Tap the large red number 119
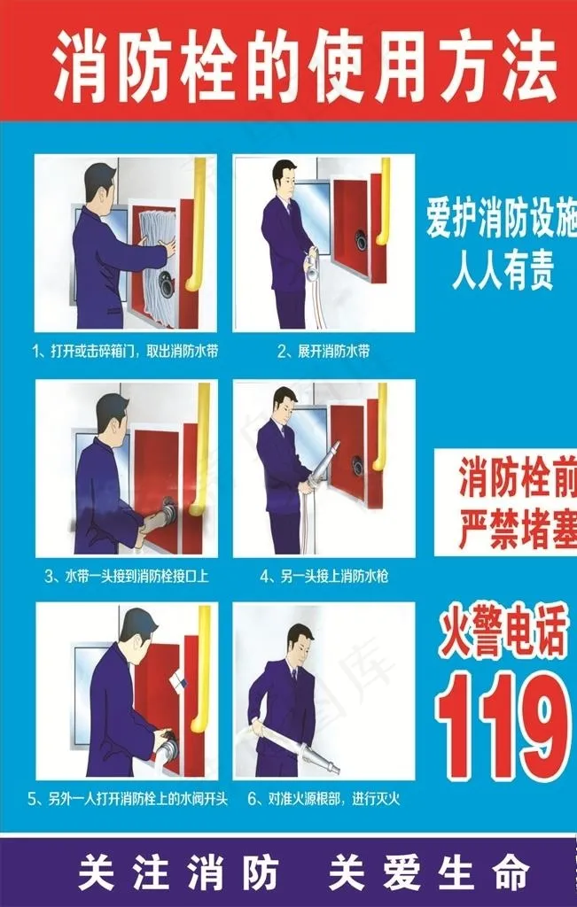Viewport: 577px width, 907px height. click(503, 725)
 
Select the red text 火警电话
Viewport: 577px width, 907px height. click(503, 636)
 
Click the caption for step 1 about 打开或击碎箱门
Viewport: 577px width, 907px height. click(125, 352)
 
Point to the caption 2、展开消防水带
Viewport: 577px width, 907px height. click(324, 352)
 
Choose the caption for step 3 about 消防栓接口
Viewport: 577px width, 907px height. click(127, 576)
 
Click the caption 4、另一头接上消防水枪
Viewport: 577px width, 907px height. click(324, 576)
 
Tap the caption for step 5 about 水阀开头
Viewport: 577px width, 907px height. click(128, 799)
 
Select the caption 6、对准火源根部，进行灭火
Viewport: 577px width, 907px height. click(324, 799)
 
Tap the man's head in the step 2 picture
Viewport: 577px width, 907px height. click(285, 176)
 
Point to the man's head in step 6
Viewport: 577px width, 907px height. click(300, 641)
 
